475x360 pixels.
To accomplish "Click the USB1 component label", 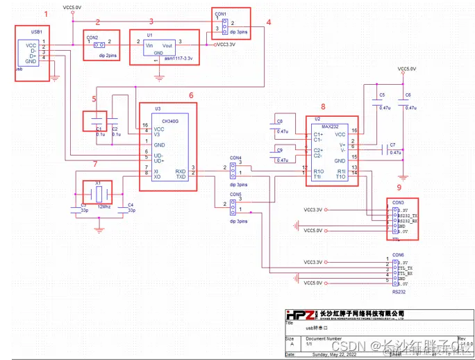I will click(37, 32).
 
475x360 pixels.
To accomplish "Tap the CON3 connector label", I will click(398, 202).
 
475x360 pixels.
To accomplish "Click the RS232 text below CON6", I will click(399, 293).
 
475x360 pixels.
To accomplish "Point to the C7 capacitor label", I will click(392, 145).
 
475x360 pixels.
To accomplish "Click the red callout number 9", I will click(399, 188).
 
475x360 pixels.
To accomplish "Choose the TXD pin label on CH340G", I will click(180, 177).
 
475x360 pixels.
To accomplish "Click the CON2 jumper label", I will click(92, 37).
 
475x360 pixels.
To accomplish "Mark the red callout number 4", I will click(268, 22).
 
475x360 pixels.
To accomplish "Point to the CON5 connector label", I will click(236, 195).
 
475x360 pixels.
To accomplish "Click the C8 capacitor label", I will click(279, 122).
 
